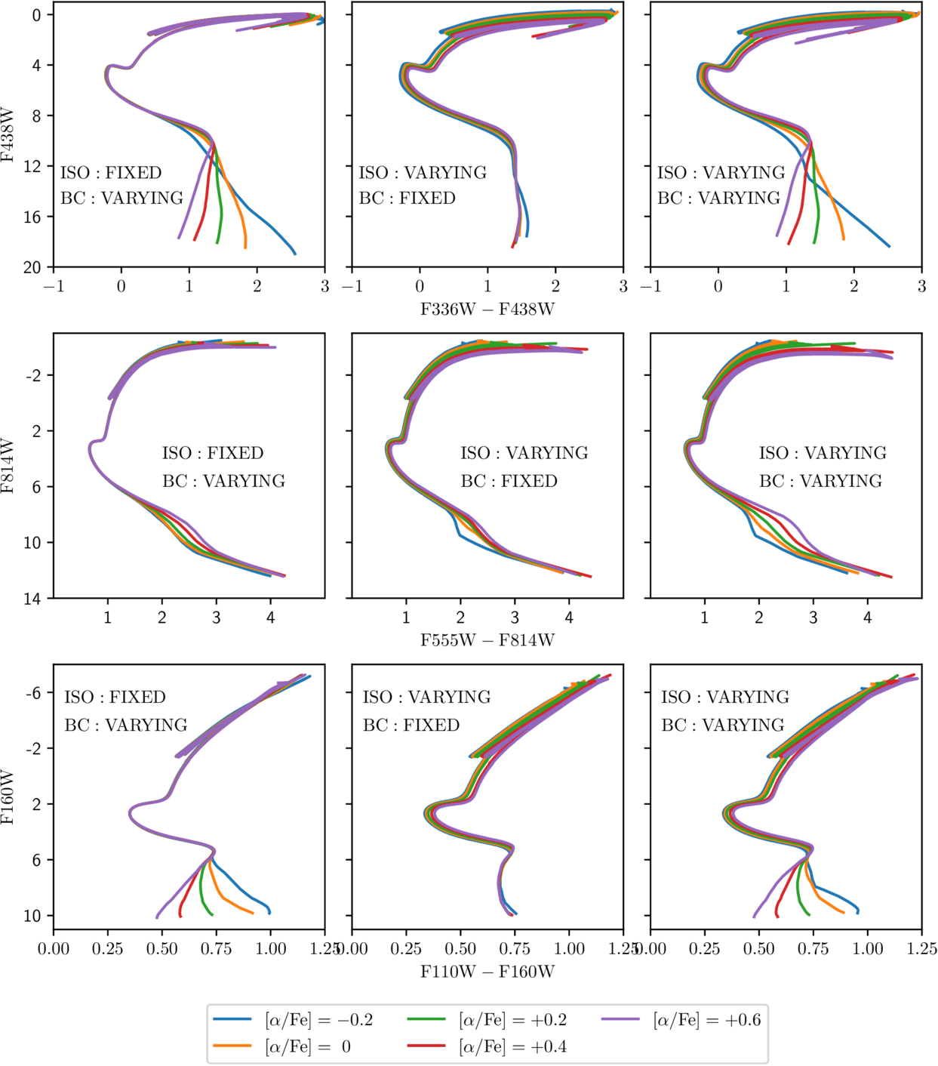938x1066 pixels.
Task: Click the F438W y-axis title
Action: pos(8,135)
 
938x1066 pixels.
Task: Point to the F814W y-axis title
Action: pos(8,466)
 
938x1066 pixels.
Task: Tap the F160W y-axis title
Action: pos(8,796)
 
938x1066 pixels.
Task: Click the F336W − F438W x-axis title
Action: pos(487,309)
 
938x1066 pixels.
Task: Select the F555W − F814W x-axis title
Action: pos(487,640)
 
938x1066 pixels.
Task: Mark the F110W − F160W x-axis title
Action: pos(487,971)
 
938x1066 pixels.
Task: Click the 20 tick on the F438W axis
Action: pos(33,267)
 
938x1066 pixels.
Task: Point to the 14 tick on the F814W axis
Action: pos(33,599)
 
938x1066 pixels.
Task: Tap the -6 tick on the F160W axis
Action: pos(33,693)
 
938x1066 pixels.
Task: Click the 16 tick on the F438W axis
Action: pos(33,217)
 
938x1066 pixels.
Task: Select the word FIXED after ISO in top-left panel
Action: pos(134,173)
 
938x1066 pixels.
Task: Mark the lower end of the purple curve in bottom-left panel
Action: pos(157,917)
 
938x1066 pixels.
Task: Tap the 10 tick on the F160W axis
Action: pos(33,916)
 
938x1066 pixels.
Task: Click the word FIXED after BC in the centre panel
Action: pos(529,481)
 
